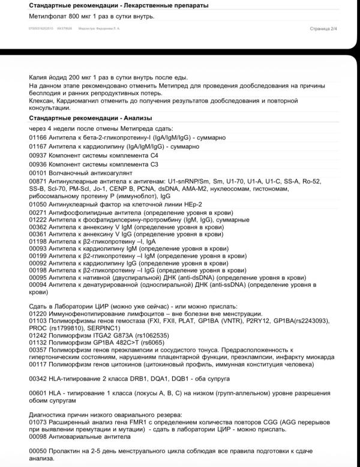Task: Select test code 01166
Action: (x=39, y=137)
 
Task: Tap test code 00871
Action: (x=39, y=181)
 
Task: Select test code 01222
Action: (x=39, y=220)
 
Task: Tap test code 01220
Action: (x=39, y=315)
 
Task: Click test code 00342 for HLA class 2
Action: (x=39, y=379)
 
